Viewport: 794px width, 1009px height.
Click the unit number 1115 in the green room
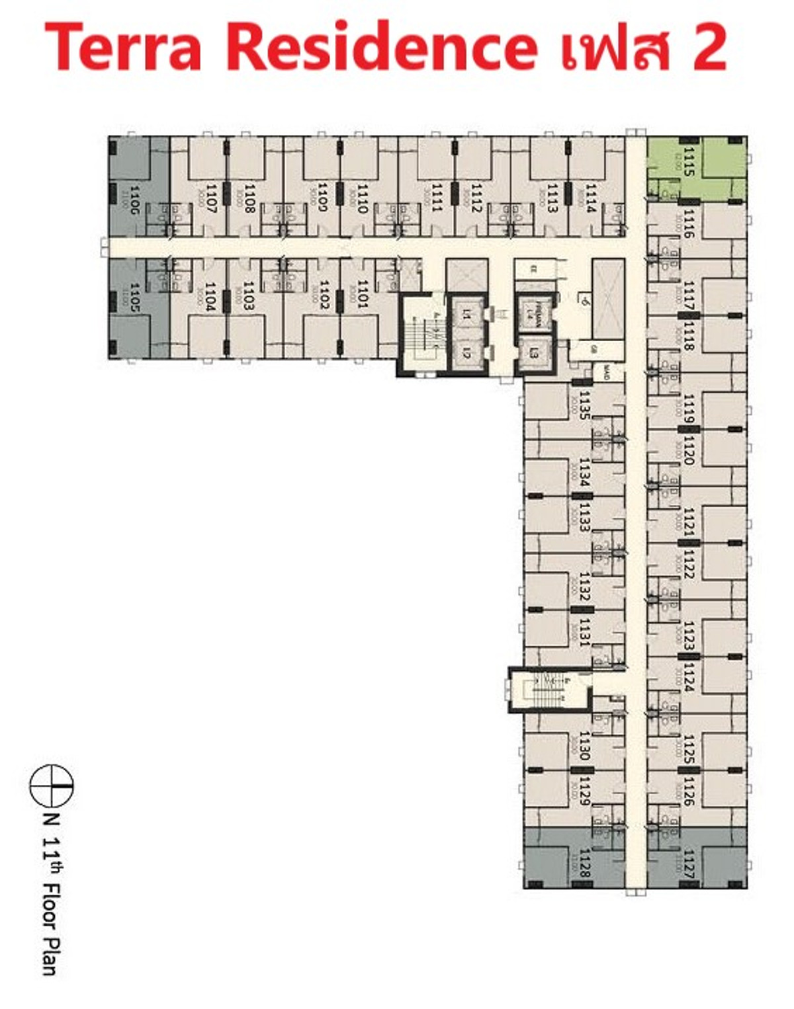point(689,163)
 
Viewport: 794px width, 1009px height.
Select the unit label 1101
point(362,294)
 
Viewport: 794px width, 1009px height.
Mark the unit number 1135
point(584,405)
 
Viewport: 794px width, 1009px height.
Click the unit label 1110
point(362,198)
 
